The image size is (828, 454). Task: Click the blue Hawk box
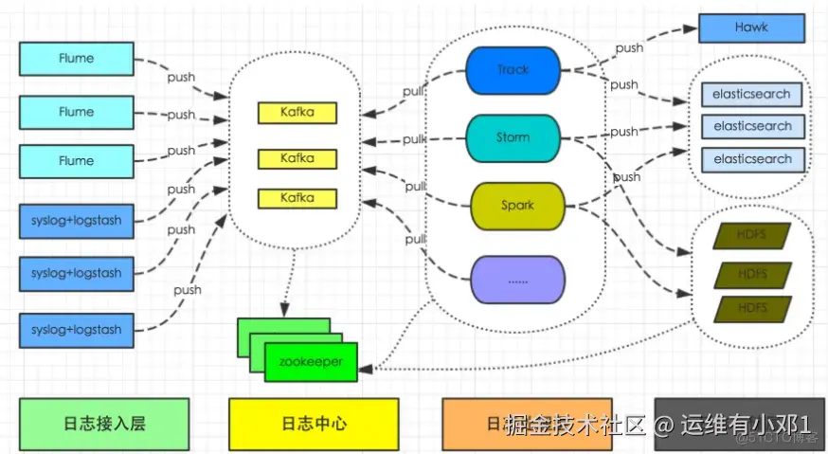750,28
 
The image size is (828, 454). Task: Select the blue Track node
513,70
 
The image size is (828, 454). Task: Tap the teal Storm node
513,138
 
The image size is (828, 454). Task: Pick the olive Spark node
517,206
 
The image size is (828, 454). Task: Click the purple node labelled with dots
517,281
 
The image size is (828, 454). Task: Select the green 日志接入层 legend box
103,424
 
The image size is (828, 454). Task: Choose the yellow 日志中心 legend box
314,424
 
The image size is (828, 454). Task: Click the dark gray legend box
739,424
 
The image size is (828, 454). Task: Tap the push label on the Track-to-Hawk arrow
629,47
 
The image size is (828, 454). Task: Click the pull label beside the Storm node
414,139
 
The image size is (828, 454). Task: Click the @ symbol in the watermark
663,425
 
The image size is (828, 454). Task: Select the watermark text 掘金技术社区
575,425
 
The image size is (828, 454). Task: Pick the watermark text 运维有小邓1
747,425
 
